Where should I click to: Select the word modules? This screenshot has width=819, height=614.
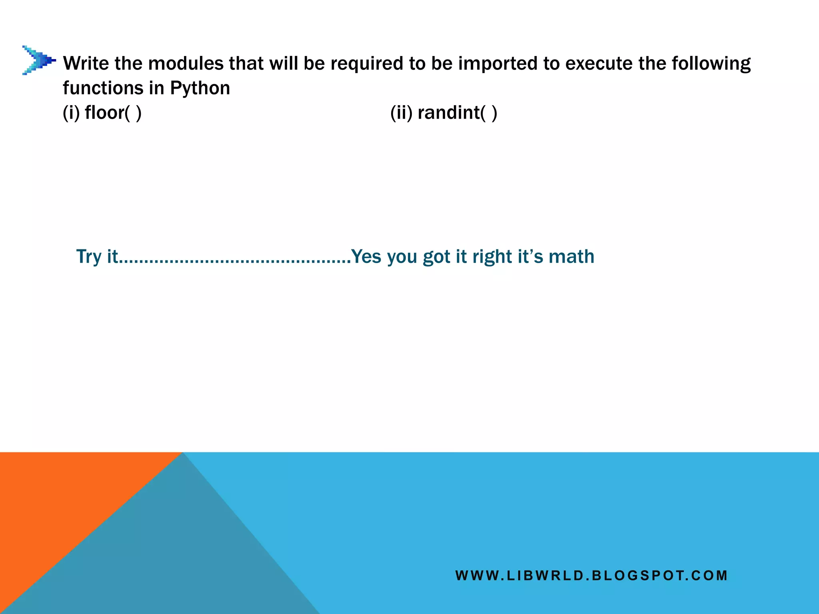(184, 63)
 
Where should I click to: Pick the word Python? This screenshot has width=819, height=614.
(200, 88)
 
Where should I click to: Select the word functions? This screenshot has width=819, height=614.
(103, 88)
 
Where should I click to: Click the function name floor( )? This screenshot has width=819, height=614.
(113, 113)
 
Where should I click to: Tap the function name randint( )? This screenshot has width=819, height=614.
(457, 113)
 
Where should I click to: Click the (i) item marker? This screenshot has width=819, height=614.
(72, 113)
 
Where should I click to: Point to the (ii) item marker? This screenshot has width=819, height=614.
(402, 113)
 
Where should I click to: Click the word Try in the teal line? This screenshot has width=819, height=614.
(89, 257)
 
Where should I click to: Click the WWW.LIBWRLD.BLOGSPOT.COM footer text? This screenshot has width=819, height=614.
(591, 576)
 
